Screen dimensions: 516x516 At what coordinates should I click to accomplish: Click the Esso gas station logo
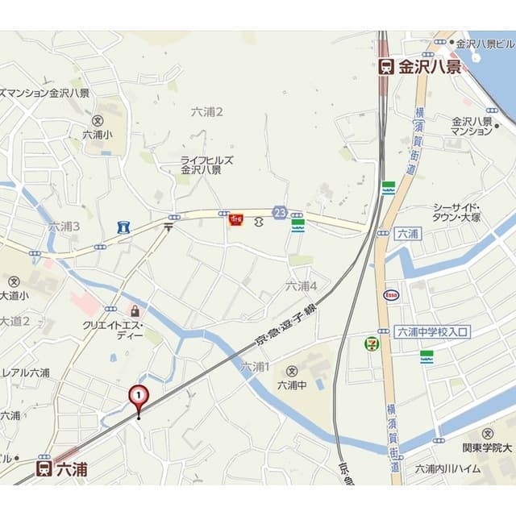click(x=390, y=294)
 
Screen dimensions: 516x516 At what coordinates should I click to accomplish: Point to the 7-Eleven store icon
click(x=371, y=343)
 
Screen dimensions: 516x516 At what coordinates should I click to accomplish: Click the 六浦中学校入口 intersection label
click(x=432, y=331)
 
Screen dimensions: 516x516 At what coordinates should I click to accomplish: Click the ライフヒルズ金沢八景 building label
click(x=206, y=165)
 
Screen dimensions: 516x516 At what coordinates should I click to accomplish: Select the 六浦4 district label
click(x=301, y=285)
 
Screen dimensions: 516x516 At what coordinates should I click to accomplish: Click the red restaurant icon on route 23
click(x=236, y=218)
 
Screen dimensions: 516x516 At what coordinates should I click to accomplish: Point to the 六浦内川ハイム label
click(x=447, y=468)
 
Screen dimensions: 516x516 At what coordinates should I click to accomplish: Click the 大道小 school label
click(x=14, y=296)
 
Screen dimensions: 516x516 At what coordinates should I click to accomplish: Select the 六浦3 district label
click(x=64, y=227)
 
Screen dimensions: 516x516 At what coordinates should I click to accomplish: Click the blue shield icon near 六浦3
click(x=123, y=227)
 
